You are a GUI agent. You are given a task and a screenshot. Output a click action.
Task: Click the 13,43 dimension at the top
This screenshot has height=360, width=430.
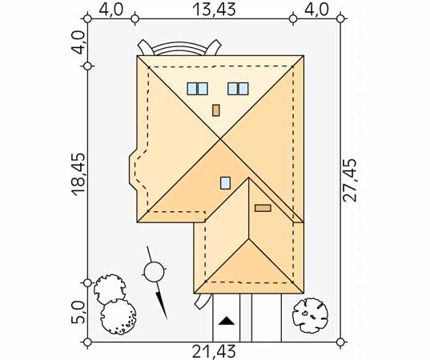214,10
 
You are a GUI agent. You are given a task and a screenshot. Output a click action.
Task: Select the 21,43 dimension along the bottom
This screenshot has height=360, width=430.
214,351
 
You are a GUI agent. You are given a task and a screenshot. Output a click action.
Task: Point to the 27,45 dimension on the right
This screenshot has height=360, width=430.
350,180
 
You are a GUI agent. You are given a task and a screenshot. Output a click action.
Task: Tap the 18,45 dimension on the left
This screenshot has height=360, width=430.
78,174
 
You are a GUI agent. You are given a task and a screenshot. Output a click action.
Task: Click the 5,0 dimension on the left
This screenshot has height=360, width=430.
78,312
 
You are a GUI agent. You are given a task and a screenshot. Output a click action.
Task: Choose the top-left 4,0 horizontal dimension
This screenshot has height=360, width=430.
111,10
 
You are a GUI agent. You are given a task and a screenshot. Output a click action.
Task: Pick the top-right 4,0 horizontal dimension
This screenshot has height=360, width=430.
316,10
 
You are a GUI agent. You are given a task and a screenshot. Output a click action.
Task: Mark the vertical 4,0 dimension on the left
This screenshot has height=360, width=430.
78,42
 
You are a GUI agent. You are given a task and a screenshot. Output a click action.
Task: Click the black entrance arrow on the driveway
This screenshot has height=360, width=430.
227,321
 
